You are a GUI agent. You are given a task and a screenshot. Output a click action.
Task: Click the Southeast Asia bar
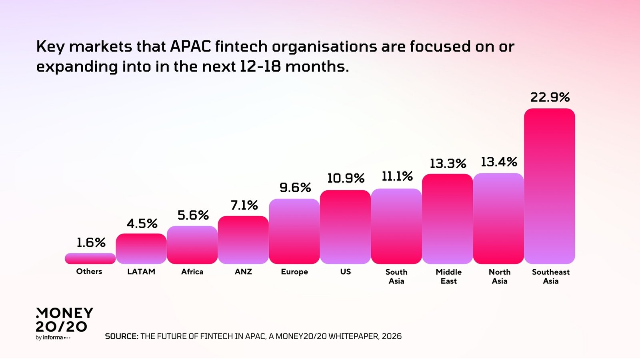click(x=549, y=186)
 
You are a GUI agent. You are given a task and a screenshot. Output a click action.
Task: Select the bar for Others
click(x=90, y=258)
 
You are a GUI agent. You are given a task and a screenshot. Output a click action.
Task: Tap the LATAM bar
click(x=141, y=248)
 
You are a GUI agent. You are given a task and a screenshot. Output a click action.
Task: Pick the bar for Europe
click(x=294, y=231)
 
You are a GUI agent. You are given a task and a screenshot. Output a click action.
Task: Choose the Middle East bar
click(x=447, y=219)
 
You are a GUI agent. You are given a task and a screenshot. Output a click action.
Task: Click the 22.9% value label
click(x=550, y=97)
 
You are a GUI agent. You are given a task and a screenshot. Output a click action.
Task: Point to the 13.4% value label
click(x=499, y=162)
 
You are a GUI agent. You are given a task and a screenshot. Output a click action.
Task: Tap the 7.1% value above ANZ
click(x=244, y=205)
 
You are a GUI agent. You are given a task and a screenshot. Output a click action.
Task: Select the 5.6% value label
click(x=193, y=215)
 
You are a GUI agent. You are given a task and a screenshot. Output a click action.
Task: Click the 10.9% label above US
click(x=346, y=178)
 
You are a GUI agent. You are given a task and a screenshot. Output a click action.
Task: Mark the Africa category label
click(x=192, y=272)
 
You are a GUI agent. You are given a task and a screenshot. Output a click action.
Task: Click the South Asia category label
click(x=396, y=276)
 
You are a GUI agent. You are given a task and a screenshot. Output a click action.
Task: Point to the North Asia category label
click(x=500, y=276)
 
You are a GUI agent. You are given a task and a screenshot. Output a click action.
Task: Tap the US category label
click(x=345, y=272)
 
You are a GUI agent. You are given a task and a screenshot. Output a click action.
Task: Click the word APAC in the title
click(x=190, y=46)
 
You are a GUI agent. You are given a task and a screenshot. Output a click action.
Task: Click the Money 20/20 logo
click(x=64, y=320)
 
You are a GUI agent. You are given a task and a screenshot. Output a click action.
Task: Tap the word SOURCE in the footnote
click(x=121, y=336)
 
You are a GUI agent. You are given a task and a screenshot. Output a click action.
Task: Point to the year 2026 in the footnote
click(x=392, y=336)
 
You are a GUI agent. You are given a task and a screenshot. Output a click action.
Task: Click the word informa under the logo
click(x=53, y=338)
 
